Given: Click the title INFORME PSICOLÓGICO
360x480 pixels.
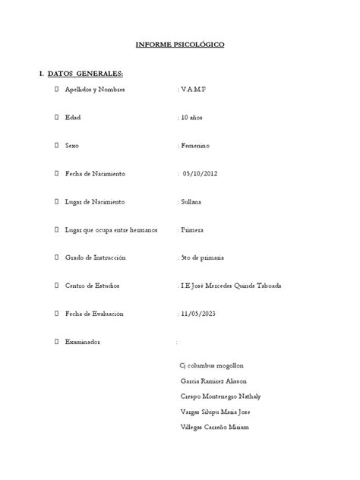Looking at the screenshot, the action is pyautogui.click(x=180, y=45).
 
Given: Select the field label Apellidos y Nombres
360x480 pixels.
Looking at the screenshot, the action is pyautogui.click(x=101, y=90).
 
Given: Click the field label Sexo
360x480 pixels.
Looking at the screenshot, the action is pyautogui.click(x=73, y=145).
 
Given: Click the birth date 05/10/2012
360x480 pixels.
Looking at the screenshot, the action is pyautogui.click(x=201, y=173).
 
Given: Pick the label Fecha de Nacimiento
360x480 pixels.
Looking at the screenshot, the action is pyautogui.click(x=96, y=173).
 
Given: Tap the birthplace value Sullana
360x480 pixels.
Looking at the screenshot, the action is pyautogui.click(x=191, y=201).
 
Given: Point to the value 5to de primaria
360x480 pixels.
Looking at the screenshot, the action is pyautogui.click(x=203, y=257).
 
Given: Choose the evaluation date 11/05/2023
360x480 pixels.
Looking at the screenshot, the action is pyautogui.click(x=200, y=313).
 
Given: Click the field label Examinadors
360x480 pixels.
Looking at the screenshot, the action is pyautogui.click(x=84, y=342).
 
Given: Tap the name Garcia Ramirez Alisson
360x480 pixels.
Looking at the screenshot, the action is pyautogui.click(x=213, y=381).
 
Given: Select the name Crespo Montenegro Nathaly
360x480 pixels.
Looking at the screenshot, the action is pyautogui.click(x=220, y=396).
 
